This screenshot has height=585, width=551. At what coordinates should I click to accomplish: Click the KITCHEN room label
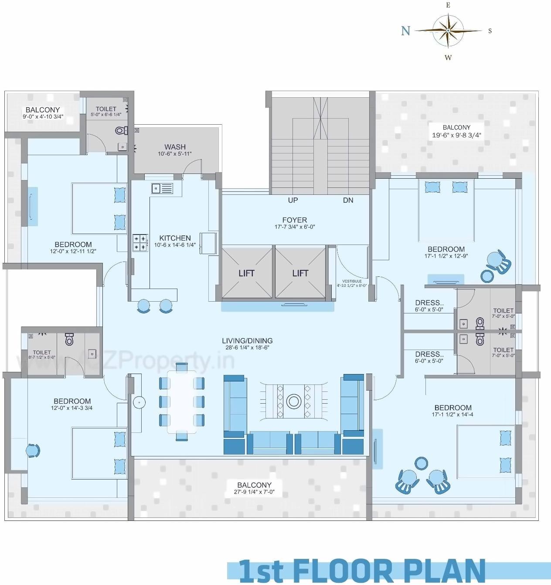click(175, 238)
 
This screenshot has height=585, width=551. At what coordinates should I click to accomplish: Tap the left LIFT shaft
click(247, 273)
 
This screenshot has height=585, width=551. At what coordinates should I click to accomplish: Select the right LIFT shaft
click(300, 273)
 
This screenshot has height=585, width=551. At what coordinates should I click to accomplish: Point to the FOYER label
click(294, 220)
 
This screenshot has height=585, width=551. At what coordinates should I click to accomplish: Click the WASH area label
click(175, 147)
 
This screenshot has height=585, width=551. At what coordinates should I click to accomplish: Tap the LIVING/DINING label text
click(247, 341)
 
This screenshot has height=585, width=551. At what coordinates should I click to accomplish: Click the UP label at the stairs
click(293, 200)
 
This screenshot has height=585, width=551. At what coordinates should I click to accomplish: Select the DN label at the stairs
click(348, 200)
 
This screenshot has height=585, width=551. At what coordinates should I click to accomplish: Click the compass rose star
click(448, 31)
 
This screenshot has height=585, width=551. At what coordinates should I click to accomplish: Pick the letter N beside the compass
click(405, 31)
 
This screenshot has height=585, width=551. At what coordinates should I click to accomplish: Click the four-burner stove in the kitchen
click(140, 243)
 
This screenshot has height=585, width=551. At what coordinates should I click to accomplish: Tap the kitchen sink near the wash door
click(162, 188)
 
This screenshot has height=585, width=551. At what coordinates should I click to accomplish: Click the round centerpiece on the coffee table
click(294, 401)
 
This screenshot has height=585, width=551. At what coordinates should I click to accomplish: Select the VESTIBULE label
click(352, 281)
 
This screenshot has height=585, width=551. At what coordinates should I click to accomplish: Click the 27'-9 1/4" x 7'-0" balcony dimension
click(254, 493)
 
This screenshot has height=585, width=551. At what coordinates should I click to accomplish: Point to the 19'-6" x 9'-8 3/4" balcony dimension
click(456, 135)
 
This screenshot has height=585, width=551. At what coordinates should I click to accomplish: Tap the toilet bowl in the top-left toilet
click(120, 130)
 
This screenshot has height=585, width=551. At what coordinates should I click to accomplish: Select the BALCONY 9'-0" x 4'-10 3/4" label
click(43, 110)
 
